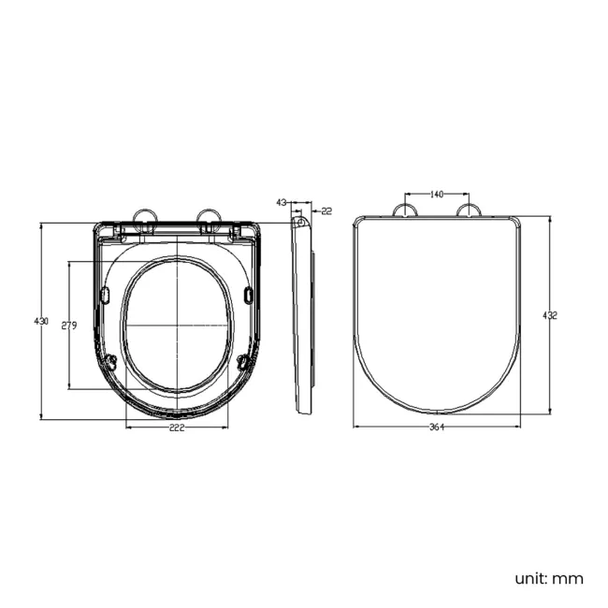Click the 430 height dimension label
pos(41,321)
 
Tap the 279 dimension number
pos(68,326)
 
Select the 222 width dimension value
pos(177,427)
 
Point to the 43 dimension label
pos(281,202)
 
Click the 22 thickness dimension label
pos(326,211)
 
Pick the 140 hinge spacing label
pos(436,195)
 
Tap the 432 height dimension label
pos(550,315)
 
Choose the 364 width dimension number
pos(436,427)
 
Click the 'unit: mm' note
pos(546,578)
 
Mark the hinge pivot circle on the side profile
pos(298,222)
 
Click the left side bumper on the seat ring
pos(105,295)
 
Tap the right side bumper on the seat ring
pos(248,295)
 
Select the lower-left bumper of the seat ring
pos(112,362)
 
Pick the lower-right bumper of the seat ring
pos(242,362)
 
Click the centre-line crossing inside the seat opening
pos(177,325)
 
